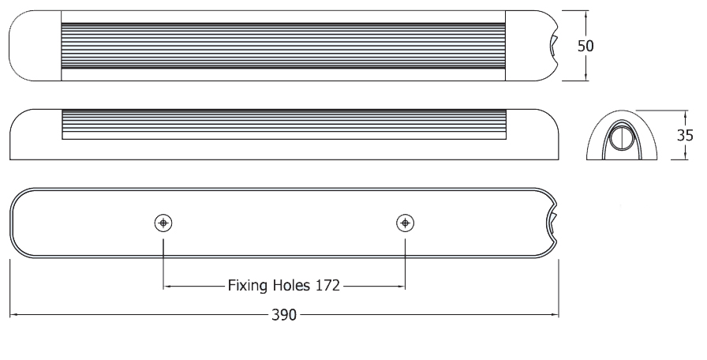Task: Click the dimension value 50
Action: (x=585, y=45)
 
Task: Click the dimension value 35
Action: (x=685, y=134)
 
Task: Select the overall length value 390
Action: (x=284, y=315)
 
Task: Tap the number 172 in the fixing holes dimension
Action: (x=326, y=285)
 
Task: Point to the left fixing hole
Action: (x=163, y=223)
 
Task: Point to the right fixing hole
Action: (x=405, y=223)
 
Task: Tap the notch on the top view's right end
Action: (x=555, y=46)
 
